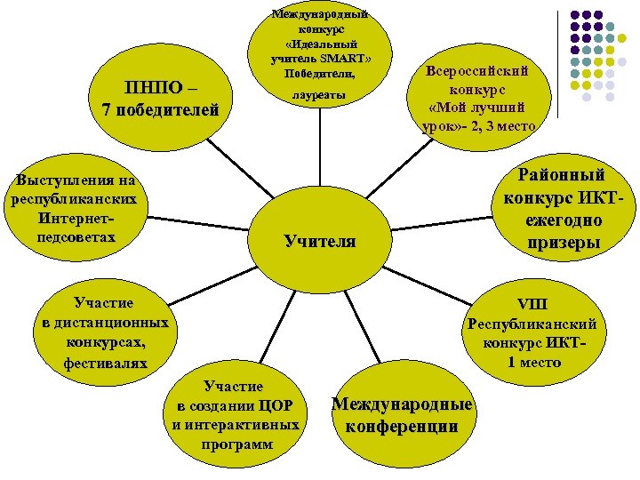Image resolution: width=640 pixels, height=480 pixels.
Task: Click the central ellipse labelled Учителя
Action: tap(320, 240)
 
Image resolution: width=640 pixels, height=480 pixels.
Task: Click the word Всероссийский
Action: tap(477, 72)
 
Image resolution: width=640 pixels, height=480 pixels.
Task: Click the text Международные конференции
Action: tap(402, 415)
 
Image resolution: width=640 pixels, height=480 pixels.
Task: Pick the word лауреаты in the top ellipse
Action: tap(319, 94)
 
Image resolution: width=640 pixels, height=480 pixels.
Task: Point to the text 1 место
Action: tap(534, 362)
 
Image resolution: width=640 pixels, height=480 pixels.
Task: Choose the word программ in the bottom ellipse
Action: tap(234, 444)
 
